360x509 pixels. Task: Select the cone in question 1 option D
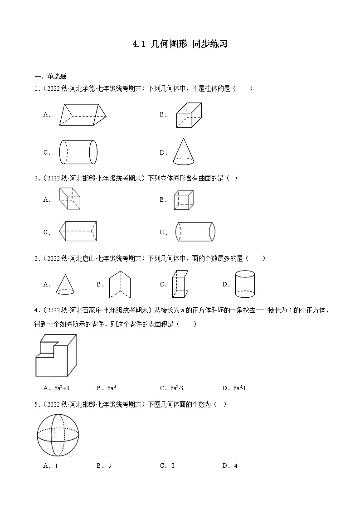pos(185,151)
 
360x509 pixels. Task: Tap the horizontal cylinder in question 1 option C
pos(78,152)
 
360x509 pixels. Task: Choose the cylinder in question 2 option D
pos(195,232)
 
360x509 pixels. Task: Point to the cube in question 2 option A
pos(69,199)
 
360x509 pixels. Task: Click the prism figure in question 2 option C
pos(77,231)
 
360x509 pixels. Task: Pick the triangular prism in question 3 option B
pos(119,284)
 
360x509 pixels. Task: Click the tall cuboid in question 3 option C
pos(180,284)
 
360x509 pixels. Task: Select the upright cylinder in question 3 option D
pos(245,284)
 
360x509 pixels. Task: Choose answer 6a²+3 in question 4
pos(61,388)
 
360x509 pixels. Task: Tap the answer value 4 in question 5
pos(236,465)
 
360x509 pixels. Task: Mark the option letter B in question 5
pos(99,465)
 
